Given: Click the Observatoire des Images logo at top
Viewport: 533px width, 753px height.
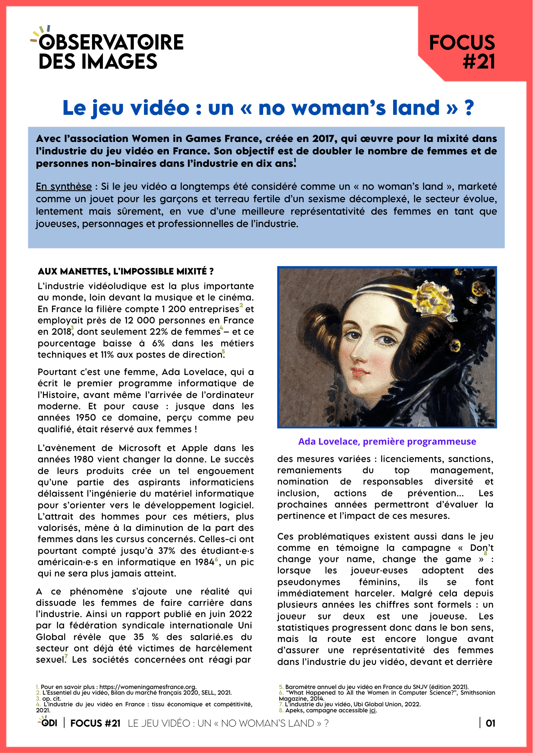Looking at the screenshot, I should point(107,51).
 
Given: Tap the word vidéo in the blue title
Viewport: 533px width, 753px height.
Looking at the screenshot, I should point(160,108).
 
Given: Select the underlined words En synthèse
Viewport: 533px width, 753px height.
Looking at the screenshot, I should point(64,187).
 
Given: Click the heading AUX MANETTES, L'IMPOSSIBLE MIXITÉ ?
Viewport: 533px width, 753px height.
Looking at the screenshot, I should point(126,271).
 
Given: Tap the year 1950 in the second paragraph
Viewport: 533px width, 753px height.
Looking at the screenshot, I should point(86,418).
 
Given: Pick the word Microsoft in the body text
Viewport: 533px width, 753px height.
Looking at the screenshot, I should point(140,448).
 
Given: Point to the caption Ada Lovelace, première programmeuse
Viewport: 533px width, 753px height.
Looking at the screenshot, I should point(387,441).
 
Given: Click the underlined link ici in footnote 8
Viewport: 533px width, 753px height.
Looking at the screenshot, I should point(372,710).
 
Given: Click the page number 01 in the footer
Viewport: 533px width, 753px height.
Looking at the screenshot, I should point(490,723).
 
